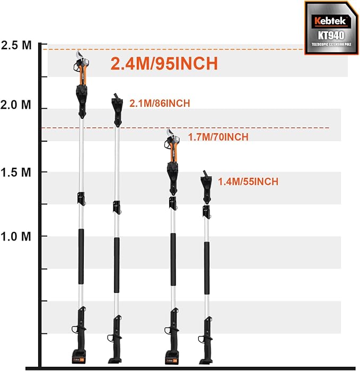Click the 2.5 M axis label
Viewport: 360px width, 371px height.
16,45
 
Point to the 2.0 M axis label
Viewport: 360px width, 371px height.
16,105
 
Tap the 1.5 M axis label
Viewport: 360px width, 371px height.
16,172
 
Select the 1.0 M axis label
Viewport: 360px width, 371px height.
16,236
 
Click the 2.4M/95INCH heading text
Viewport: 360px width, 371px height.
164,64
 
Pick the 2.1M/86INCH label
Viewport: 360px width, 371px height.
160,103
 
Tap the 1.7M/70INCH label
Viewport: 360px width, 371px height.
218,137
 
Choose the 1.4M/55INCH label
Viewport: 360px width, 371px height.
248,182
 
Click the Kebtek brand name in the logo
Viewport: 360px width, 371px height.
331,21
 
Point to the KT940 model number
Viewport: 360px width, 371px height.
331,36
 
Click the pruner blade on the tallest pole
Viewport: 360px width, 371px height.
80,55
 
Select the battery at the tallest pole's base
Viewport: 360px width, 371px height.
78,357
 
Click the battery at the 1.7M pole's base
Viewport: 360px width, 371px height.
171,358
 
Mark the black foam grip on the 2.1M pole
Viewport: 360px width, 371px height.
117,265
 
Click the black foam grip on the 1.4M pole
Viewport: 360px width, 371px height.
207,268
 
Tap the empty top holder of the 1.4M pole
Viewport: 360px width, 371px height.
206,187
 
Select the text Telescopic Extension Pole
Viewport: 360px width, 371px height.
331,44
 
